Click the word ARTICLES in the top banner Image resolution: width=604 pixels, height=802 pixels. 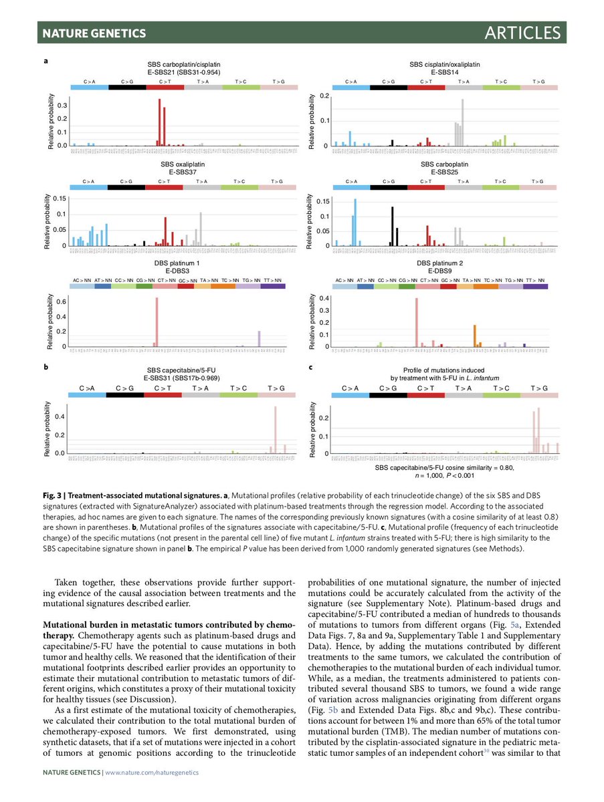point(523,32)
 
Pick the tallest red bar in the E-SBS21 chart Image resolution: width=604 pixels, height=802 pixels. point(159,122)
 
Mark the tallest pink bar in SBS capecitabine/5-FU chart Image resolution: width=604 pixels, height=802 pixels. point(276,430)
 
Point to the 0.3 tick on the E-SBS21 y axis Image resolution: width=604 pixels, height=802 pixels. point(62,106)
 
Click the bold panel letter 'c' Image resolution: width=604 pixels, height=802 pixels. point(310,367)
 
